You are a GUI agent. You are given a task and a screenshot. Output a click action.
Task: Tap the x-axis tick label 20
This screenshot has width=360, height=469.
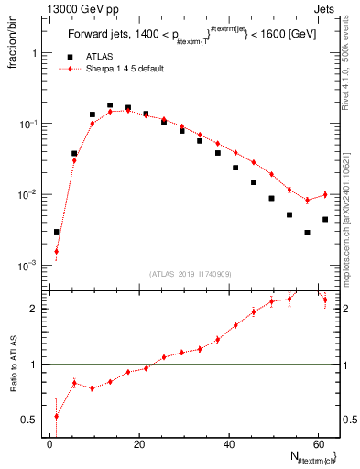tap(139, 442)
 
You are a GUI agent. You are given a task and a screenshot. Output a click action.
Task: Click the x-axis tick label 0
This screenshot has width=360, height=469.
tap(50, 442)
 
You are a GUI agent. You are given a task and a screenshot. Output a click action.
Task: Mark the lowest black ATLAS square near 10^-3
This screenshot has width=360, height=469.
tap(56, 232)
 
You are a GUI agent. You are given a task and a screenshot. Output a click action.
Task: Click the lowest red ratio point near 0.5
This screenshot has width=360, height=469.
tap(56, 416)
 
